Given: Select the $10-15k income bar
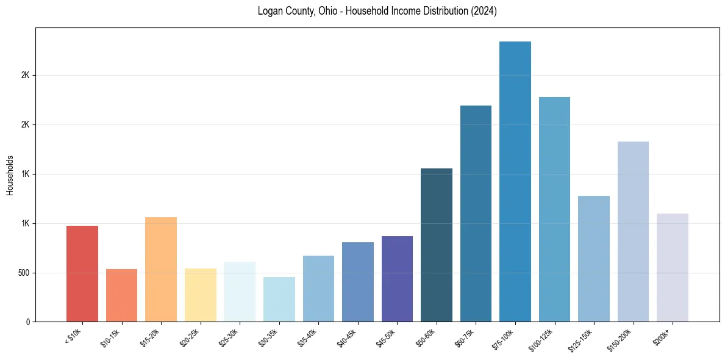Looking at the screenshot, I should tap(121, 295).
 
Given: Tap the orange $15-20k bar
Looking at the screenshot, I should tap(161, 269).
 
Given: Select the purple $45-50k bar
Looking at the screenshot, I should tap(397, 279).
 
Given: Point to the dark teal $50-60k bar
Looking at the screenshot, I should tap(437, 245).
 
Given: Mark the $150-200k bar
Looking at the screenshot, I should tap(633, 231).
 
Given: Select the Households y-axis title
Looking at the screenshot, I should tap(10, 175).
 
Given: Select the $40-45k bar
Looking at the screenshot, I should tap(358, 282).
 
